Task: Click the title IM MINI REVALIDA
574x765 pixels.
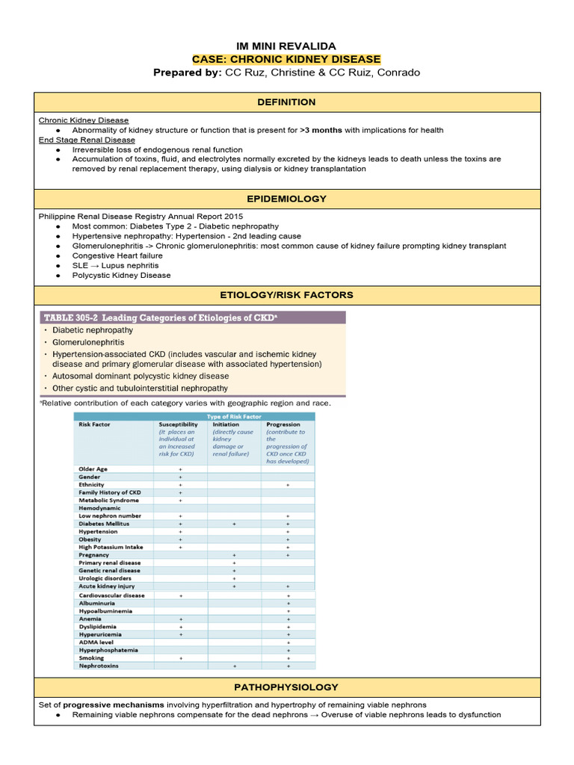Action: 286,46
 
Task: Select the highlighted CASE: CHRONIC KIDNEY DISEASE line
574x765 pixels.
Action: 286,59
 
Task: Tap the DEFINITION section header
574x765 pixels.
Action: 286,102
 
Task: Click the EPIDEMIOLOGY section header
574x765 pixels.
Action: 286,199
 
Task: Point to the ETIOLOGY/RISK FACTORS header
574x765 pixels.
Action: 286,295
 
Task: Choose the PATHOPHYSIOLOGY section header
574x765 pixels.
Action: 286,687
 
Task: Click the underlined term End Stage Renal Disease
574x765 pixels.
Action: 87,140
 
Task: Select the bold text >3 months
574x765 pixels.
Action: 321,130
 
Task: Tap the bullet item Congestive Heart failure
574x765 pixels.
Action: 117,255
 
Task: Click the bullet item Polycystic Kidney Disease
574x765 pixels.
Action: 121,275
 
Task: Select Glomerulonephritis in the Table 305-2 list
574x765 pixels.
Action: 88,342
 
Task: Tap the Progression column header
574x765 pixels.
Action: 283,424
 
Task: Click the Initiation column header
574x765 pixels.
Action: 226,424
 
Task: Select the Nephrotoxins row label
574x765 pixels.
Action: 99,665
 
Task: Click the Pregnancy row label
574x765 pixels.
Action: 94,555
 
